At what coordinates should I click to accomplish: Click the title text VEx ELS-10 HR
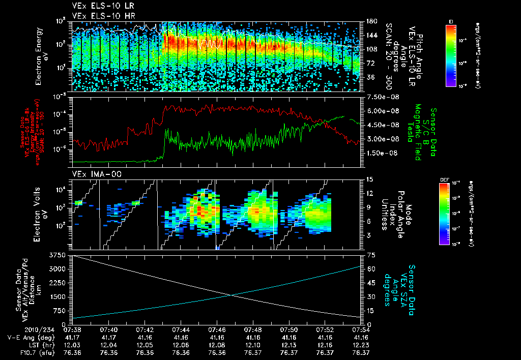click(x=99, y=16)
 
